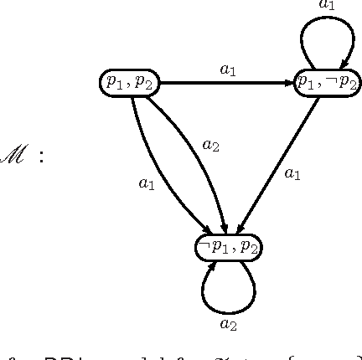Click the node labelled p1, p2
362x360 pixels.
click(x=128, y=82)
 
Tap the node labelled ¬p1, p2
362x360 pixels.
click(x=227, y=246)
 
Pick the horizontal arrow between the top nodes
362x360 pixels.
click(x=226, y=83)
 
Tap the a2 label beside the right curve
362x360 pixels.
click(x=211, y=145)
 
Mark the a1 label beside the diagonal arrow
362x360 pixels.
click(x=292, y=173)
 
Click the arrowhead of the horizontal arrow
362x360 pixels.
click(x=290, y=83)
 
